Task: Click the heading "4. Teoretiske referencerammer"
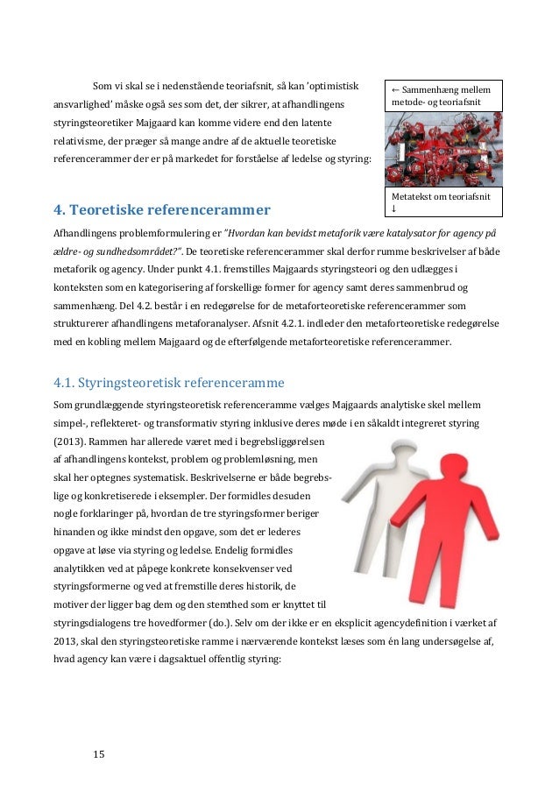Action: pyautogui.click(x=162, y=210)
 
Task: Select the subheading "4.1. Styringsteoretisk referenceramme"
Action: pyautogui.click(x=169, y=382)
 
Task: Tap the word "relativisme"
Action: pyautogui.click(x=86, y=140)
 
